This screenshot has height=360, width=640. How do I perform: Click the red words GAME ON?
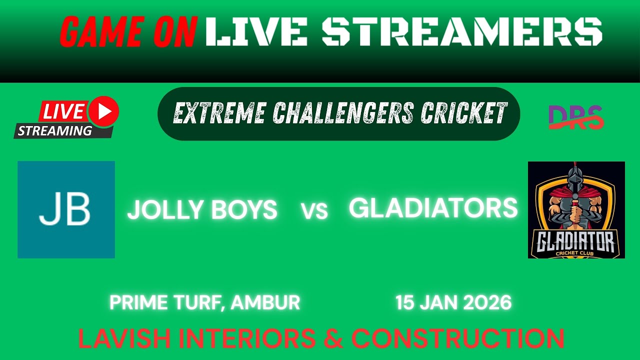(128, 31)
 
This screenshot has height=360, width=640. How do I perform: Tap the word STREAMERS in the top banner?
(461, 31)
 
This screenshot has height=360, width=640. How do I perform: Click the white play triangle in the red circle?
(104, 111)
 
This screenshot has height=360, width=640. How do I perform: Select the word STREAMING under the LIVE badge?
(55, 131)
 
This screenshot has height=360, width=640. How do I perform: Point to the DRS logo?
(576, 117)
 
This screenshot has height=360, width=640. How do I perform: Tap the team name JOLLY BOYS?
(202, 210)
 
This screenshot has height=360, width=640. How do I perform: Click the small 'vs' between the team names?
(314, 211)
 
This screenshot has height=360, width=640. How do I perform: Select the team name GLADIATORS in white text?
(433, 208)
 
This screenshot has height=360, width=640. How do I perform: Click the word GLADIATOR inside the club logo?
(576, 244)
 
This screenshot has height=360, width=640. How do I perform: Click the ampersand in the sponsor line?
(333, 339)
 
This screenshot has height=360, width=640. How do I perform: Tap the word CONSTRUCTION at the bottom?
(457, 339)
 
